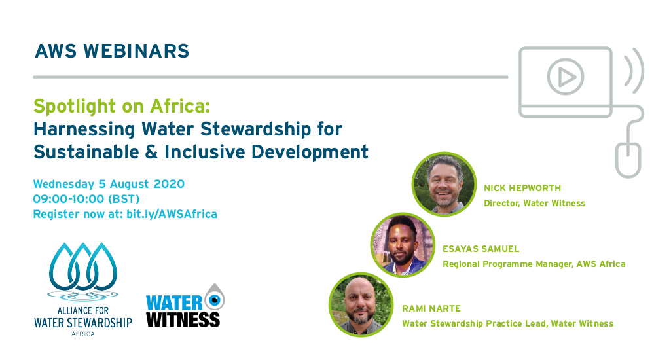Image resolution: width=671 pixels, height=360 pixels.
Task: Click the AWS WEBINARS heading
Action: tap(112, 51)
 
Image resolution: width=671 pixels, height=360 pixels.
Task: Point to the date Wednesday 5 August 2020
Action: tap(109, 184)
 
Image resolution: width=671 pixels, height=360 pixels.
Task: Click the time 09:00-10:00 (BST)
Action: tap(86, 199)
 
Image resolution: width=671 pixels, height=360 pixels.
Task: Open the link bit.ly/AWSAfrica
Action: tap(171, 214)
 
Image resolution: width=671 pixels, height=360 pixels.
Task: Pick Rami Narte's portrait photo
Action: tap(361, 304)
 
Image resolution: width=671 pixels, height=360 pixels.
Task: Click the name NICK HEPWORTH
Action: tap(522, 188)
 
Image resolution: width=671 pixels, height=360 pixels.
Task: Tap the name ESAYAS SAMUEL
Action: tap(481, 249)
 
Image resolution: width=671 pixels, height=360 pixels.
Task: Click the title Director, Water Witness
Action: tap(534, 203)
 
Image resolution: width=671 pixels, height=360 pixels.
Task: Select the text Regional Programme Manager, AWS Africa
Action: tap(534, 264)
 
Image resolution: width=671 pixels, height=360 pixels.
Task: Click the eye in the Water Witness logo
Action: tap(214, 300)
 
